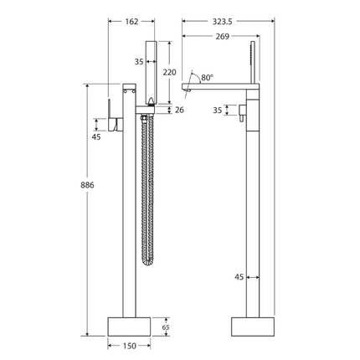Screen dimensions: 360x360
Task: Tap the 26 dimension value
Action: pos(178,111)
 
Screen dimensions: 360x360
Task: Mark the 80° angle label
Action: pos(206,77)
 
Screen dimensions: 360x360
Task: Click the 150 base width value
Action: pos(129,344)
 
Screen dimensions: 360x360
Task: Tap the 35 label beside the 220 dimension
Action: pos(138,61)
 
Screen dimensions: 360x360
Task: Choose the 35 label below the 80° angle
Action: pos(219,110)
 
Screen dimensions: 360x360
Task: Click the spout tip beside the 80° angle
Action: pos(187,88)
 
